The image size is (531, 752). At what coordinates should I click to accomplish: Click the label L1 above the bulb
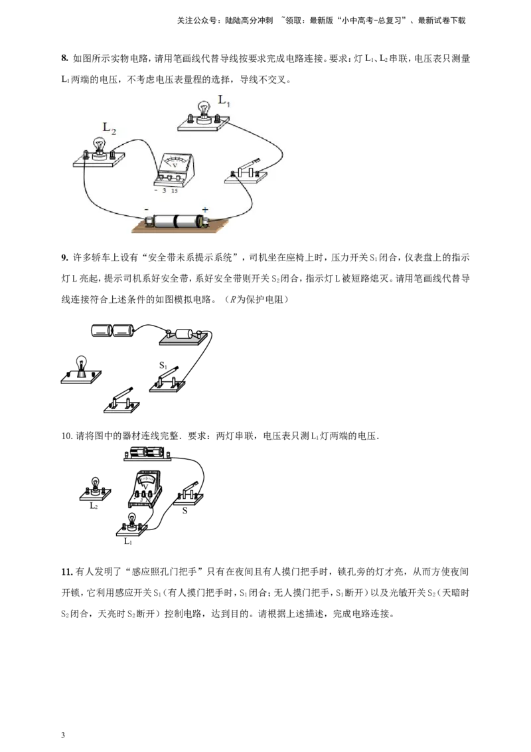click(x=224, y=102)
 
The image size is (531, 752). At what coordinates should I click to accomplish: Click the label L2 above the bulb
click(x=109, y=128)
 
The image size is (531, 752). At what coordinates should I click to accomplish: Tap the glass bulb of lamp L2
click(x=100, y=144)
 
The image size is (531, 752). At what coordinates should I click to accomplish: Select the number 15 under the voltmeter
click(x=174, y=191)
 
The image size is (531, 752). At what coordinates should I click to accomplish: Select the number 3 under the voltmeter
click(x=164, y=191)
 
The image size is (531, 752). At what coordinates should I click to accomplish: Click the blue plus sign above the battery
click(x=205, y=209)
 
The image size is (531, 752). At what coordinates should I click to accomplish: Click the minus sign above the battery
click(x=146, y=209)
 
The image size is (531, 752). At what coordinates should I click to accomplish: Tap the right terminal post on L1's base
click(x=218, y=118)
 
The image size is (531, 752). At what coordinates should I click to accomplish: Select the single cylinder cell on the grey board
click(x=184, y=335)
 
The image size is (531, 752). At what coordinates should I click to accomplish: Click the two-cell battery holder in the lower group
click(x=147, y=454)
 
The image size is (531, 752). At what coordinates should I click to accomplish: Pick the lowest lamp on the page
click(x=132, y=523)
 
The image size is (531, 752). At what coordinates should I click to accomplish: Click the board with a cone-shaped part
click(x=80, y=377)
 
